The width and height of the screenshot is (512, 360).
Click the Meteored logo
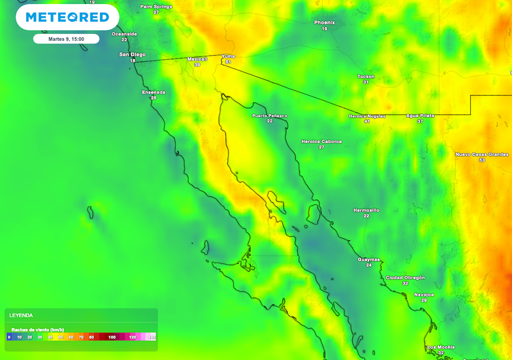[67, 17]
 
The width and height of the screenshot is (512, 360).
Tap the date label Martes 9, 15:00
[66, 39]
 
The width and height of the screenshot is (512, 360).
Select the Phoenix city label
[324, 22]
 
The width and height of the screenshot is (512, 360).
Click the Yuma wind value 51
[228, 62]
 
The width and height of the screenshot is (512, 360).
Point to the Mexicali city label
[197, 59]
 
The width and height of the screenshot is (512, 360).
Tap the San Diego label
[132, 54]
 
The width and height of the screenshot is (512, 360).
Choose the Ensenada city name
[153, 92]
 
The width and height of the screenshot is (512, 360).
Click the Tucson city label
[365, 76]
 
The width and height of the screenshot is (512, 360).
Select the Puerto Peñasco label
[269, 115]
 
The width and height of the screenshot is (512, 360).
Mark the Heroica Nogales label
[367, 116]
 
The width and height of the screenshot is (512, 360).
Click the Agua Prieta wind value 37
[420, 121]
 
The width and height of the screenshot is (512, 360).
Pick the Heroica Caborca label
[321, 141]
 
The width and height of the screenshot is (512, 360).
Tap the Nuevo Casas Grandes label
[481, 154]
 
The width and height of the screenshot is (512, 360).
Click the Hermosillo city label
[366, 210]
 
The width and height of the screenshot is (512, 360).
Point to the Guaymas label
[368, 259]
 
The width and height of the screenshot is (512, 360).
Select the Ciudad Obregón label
[405, 277]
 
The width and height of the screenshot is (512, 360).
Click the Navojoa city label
[423, 294]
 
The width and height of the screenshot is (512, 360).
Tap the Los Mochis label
[440, 347]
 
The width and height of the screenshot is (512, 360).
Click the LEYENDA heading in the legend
[21, 315]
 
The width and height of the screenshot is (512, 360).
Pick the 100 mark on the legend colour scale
[112, 337]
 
